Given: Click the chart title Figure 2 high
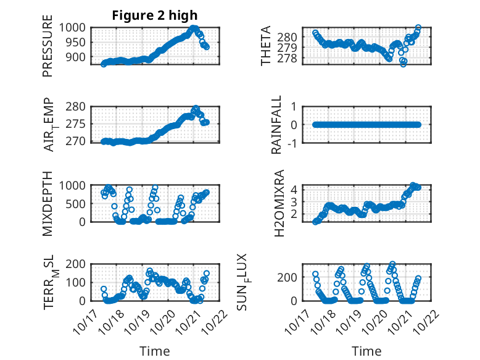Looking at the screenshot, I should point(154,15).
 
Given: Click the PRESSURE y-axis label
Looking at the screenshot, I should point(48,50).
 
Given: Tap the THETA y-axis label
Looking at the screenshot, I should point(266,46).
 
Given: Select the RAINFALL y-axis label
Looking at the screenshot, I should point(277,125).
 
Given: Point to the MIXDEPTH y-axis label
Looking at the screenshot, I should point(48,204).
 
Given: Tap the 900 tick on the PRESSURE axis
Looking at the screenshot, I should point(79,57).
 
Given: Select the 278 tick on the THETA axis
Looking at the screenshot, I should point(291,58).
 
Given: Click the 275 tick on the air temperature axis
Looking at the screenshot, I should point(79,124).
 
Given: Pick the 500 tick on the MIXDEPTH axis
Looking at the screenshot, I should point(79,203).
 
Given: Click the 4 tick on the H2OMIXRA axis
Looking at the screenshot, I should point(296,189).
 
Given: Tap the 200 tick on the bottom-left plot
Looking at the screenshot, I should point(79,264).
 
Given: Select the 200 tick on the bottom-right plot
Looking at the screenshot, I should point(291,277).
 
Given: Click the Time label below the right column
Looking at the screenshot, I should point(366,351).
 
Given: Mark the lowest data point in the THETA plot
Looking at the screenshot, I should point(403,64).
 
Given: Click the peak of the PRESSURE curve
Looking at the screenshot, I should point(194,28).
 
